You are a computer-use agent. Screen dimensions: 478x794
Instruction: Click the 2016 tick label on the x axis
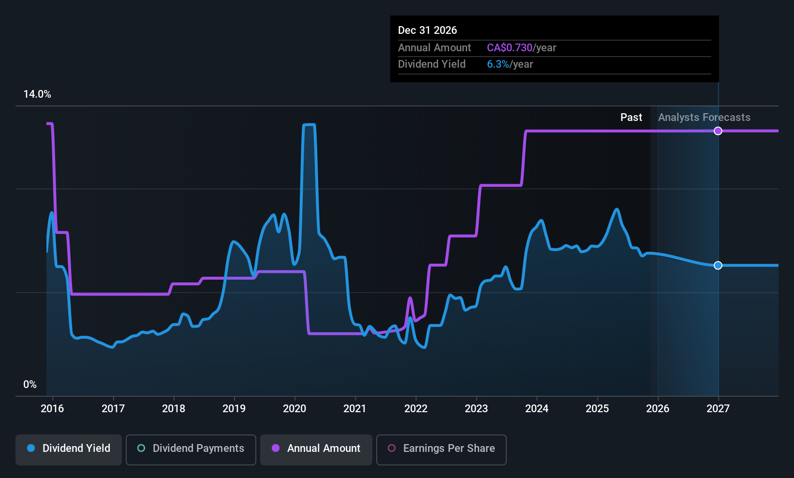52,408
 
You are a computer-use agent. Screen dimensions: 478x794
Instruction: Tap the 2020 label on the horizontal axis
294,408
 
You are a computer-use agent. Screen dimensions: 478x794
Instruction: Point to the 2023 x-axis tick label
476,408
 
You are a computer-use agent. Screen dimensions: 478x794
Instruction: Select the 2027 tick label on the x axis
718,408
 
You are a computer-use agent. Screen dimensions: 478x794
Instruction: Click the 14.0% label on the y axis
37,94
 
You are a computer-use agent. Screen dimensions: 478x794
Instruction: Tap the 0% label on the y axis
30,385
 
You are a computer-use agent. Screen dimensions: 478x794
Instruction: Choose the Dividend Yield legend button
69,448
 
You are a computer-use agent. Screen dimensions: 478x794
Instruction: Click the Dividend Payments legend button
191,448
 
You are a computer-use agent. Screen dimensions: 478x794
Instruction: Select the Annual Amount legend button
316,448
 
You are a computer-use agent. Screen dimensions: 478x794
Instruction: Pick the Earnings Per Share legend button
441,448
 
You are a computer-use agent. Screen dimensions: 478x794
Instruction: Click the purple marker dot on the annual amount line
718,131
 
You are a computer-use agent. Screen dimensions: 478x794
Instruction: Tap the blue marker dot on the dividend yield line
718,265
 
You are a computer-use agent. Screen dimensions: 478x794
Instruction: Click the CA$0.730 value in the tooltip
509,48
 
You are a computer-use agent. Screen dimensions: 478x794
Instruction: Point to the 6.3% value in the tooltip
498,64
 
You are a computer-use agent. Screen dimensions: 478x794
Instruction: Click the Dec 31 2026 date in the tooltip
427,30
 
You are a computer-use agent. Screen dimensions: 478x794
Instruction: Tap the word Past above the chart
631,118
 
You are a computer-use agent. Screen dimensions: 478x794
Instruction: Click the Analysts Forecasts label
704,118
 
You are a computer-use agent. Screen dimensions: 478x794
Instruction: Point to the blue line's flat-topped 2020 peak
309,125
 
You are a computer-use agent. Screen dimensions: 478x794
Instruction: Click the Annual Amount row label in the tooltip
434,48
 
